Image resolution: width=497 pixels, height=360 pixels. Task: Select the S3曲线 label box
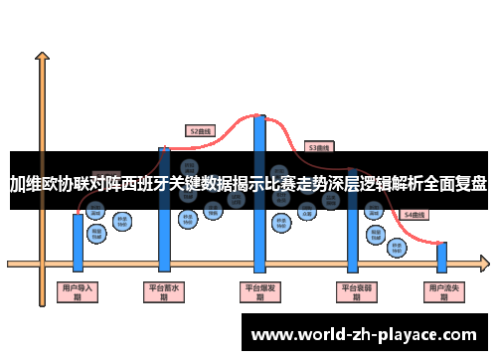point(318,147)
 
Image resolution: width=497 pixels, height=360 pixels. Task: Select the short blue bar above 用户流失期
point(442,258)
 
